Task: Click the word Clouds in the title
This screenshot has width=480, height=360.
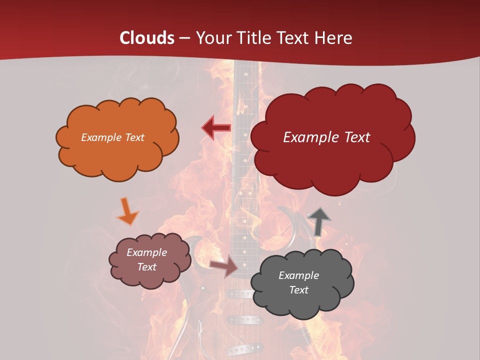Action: click(147, 38)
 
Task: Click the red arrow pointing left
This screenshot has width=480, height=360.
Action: click(216, 127)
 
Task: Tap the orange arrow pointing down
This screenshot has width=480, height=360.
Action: click(127, 211)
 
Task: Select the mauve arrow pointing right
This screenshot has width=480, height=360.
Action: click(224, 266)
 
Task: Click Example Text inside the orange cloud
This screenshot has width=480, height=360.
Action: click(112, 137)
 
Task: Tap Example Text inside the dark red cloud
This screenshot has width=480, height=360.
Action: click(326, 137)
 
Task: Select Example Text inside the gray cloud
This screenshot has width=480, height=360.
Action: click(298, 282)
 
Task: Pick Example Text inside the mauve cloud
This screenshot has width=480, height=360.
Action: click(146, 259)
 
